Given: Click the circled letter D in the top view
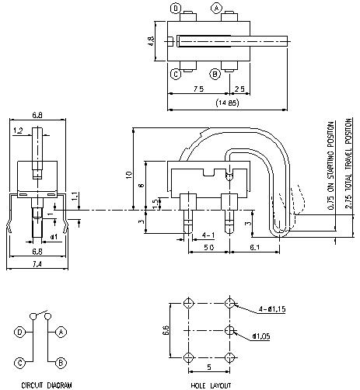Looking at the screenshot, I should coord(177,9).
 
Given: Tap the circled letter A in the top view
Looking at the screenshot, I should coord(217,9).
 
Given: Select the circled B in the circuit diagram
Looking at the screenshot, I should coord(60,362).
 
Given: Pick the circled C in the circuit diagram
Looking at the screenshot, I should coord(17,362).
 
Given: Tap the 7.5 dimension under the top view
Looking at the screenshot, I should coord(197,89).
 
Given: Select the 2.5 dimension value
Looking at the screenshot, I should coord(239,89).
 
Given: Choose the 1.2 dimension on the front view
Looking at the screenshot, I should coord(18,131).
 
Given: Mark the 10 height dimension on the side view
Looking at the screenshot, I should coord(128,175).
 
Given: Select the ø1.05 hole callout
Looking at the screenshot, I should coord(261,336).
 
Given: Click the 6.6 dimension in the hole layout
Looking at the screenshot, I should coord(166,329).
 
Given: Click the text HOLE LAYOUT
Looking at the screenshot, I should coord(208,384).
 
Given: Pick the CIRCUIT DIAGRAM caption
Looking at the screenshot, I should coord(37,384).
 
